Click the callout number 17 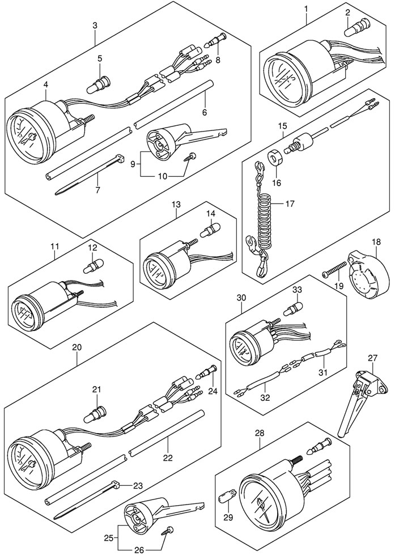tap(290, 202)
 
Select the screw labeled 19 tap(334, 271)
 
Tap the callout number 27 tap(372, 358)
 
